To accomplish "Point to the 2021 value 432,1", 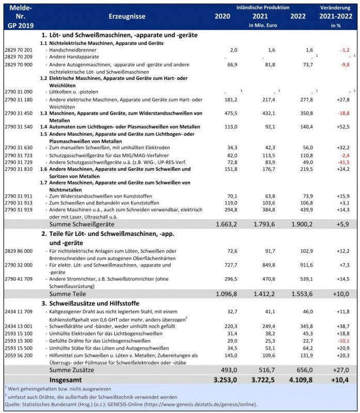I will tap(268, 113).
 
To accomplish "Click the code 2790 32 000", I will tap(18, 264).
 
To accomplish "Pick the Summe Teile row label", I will tap(67, 293).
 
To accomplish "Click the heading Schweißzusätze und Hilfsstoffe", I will tap(101, 303).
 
